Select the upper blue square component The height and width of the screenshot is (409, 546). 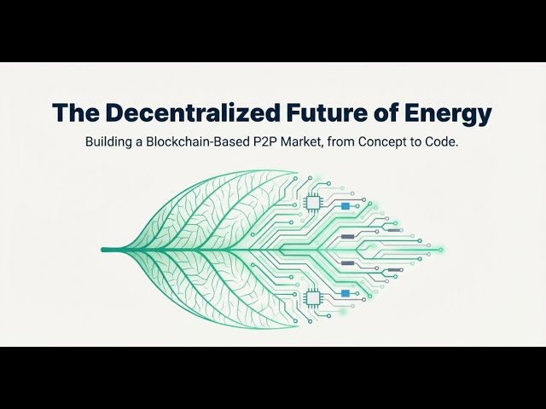tap(346, 206)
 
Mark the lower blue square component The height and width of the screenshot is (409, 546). tap(346, 293)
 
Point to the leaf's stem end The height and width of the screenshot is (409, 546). tap(104, 250)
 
